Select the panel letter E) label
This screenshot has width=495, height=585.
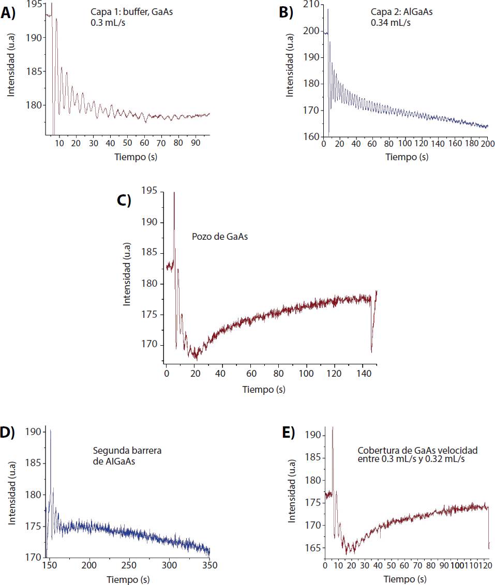tap(288, 433)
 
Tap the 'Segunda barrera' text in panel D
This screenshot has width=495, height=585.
tap(127, 450)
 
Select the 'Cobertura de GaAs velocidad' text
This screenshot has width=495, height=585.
tap(410, 451)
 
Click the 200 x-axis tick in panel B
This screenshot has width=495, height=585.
tap(488, 143)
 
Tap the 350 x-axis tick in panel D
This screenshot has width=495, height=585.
tap(209, 565)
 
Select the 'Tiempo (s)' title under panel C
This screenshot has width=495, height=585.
tap(264, 389)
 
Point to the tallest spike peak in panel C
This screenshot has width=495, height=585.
tap(174, 193)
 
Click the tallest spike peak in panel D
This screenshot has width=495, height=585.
tap(51, 430)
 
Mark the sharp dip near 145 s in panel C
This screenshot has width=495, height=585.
tap(371, 351)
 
